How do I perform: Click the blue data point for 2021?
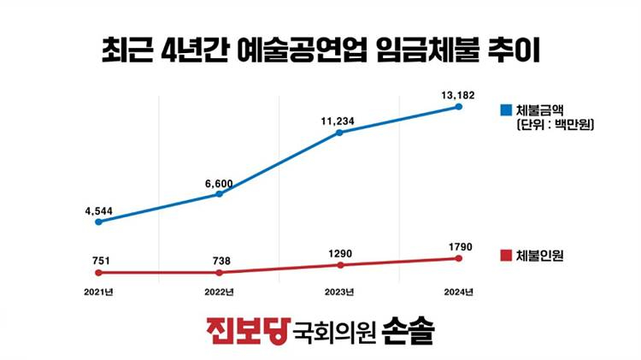pos(98,221)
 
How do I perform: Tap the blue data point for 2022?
pos(220,194)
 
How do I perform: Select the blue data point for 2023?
pos(339,133)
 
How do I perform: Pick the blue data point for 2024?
pos(460,107)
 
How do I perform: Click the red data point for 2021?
pos(98,273)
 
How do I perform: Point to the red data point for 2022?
pos(220,273)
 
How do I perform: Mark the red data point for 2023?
pos(339,265)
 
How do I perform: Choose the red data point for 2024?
pos(460,257)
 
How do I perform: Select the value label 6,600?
pos(220,181)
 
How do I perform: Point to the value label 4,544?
pos(98,210)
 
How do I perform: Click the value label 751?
pos(98,261)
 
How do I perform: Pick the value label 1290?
pos(339,254)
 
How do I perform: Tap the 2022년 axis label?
pos(220,292)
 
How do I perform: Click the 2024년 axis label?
pos(460,292)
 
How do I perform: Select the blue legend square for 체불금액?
pos(506,110)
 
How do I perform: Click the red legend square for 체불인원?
pos(506,254)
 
